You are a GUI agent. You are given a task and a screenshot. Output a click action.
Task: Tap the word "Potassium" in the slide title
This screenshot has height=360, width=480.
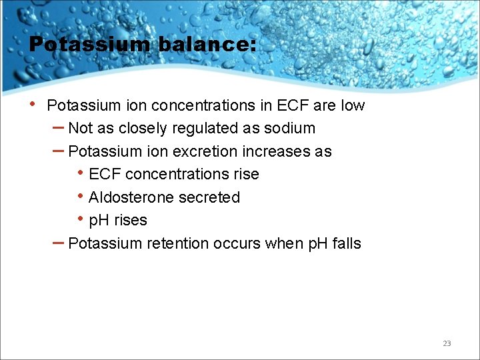pyautogui.click(x=90, y=45)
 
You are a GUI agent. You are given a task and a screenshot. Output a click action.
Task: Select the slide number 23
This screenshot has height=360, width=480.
pyautogui.click(x=447, y=343)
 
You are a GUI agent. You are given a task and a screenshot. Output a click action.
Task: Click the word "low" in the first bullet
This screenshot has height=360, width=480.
pyautogui.click(x=353, y=105)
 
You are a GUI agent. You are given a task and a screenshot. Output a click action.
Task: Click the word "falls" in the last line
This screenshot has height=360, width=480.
pyautogui.click(x=346, y=243)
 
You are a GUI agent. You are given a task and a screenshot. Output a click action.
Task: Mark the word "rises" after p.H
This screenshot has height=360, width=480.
pyautogui.click(x=131, y=220)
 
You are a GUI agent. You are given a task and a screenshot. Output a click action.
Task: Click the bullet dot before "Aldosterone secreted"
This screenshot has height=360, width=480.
pyautogui.click(x=81, y=197)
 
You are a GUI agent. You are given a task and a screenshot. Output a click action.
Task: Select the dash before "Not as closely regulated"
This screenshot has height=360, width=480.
pyautogui.click(x=58, y=127)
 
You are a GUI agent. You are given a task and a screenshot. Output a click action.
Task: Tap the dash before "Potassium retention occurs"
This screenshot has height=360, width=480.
pyautogui.click(x=58, y=242)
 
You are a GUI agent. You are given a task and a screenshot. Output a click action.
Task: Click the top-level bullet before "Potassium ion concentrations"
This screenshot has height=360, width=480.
pyautogui.click(x=33, y=105)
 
